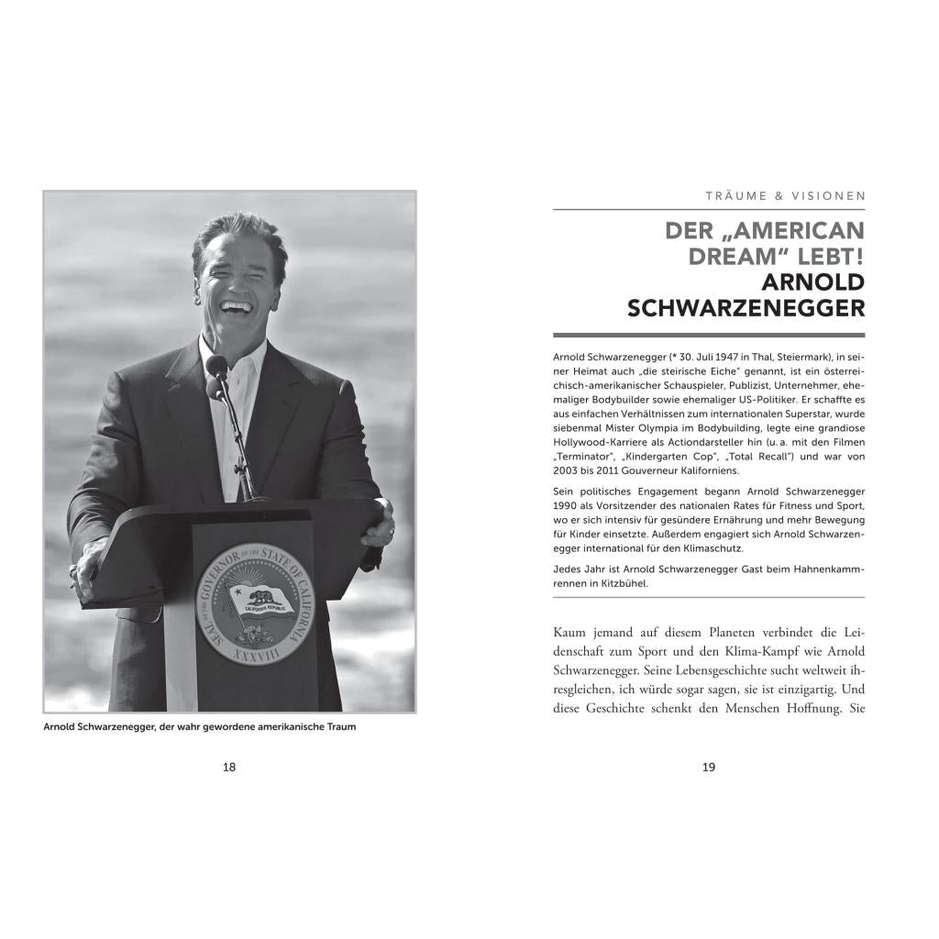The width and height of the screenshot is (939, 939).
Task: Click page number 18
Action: tap(229, 768)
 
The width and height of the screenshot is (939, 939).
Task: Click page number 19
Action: tap(709, 768)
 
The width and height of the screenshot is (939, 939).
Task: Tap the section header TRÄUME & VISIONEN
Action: tap(786, 195)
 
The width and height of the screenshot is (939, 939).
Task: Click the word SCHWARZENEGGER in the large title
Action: tap(746, 308)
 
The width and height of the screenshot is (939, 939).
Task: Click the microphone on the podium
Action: tap(216, 369)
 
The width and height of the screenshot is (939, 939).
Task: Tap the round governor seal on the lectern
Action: tap(255, 603)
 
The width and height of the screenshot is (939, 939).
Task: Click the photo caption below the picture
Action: tap(199, 727)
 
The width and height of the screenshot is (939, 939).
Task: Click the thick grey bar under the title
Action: tap(709, 336)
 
